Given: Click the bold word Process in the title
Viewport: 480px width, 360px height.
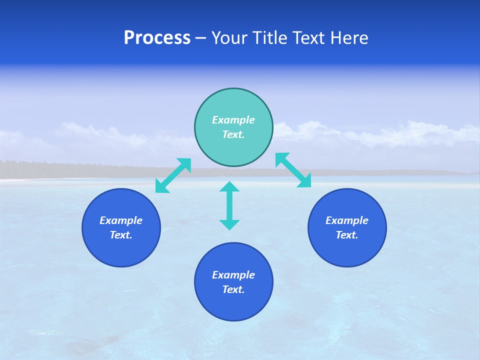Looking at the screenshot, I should point(157,38).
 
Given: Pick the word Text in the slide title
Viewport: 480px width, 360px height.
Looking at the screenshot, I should point(308,38).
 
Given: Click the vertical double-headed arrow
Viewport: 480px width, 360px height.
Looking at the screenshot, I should point(229,205).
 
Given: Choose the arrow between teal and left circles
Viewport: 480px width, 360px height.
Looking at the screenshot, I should point(173,175).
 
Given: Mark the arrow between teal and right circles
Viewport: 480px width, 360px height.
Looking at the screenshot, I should point(293,170).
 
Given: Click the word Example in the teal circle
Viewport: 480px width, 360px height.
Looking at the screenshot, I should point(233,120).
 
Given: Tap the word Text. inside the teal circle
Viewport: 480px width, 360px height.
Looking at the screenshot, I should point(233,134).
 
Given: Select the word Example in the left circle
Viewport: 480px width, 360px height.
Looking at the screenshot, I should point(121,220).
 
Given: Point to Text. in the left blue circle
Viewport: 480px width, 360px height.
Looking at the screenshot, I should point(121,235).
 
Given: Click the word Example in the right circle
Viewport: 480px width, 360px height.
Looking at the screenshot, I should point(347,220).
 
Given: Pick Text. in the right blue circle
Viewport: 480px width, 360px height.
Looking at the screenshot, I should point(347,235).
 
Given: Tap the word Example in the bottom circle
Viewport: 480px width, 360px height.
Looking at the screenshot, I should point(233,275).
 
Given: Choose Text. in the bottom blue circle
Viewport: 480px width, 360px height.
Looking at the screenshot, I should point(233,289).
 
